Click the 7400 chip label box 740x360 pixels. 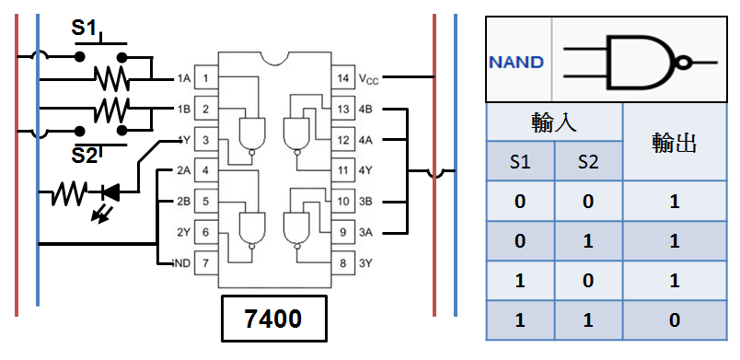(273, 319)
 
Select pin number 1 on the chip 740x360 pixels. (207, 79)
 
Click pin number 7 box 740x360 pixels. (207, 263)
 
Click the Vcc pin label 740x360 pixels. (368, 79)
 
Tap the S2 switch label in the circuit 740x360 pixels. (86, 156)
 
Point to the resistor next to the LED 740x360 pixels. (67, 193)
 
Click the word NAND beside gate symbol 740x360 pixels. (516, 63)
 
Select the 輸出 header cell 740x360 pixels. (675, 143)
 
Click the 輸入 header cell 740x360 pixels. (554, 123)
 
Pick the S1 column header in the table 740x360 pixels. (520, 163)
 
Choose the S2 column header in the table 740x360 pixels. (588, 163)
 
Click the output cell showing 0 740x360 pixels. (675, 320)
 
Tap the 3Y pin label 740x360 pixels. (366, 263)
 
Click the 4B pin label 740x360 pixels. (366, 110)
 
